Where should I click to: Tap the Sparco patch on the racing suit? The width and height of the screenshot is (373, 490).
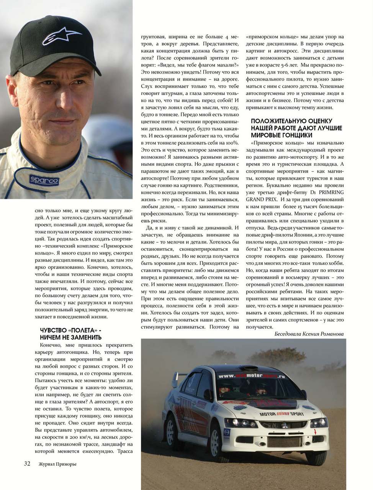(x=44, y=180)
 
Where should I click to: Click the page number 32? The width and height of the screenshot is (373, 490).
(x=27, y=464)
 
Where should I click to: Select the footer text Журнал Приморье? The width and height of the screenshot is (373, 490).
(x=58, y=464)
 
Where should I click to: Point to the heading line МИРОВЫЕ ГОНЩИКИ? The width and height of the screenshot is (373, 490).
(x=281, y=135)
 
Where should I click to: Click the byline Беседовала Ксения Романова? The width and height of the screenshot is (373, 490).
(x=309, y=334)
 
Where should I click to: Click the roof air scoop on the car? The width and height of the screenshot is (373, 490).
(x=251, y=369)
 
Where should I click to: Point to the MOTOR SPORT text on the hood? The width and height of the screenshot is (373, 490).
(x=281, y=414)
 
